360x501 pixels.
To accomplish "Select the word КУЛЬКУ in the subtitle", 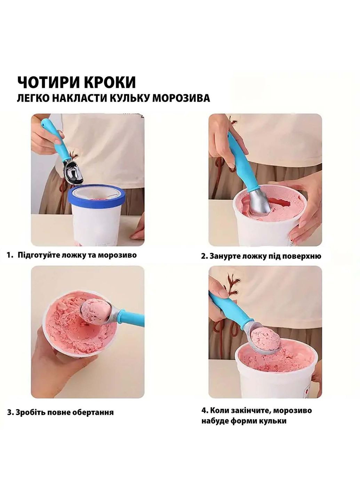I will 130,98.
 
